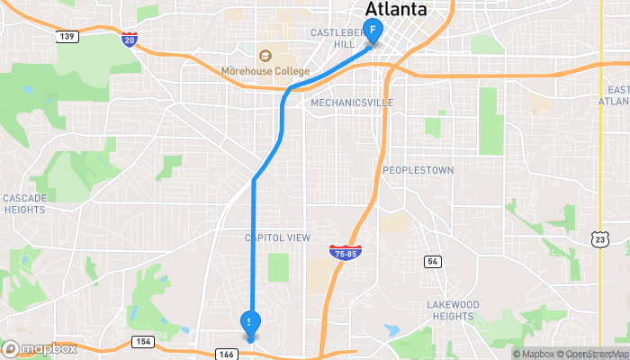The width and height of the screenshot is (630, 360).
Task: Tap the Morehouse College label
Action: [265, 71]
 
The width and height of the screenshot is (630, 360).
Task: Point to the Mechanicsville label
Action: [352, 103]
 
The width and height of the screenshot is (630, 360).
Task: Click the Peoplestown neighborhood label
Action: [418, 170]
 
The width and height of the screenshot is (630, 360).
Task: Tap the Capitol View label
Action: [277, 238]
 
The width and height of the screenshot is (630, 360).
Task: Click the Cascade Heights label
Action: [23, 203]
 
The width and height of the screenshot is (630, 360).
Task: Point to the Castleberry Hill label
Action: [334, 38]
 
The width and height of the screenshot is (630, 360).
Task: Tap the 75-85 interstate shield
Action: [346, 253]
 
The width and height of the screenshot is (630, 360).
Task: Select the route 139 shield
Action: [66, 37]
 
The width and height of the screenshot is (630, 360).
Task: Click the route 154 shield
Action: [141, 341]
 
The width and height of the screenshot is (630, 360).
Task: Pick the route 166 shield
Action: [226, 355]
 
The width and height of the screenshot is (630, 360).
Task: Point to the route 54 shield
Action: [433, 261]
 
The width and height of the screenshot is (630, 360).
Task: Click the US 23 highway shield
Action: [599, 238]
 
